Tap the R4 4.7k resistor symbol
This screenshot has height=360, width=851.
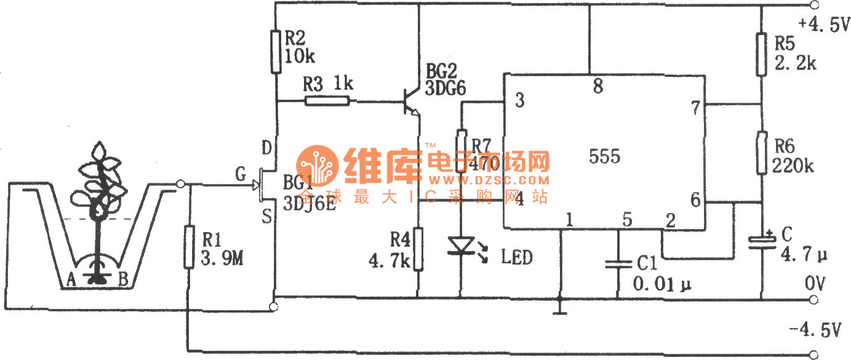pyautogui.click(x=418, y=249)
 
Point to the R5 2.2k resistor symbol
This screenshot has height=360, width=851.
pyautogui.click(x=762, y=55)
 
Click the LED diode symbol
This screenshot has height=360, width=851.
pyautogui.click(x=461, y=246)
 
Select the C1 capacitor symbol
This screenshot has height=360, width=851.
pyautogui.click(x=617, y=265)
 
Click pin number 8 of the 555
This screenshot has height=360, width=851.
pyautogui.click(x=597, y=87)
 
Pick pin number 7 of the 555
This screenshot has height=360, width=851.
pyautogui.click(x=695, y=109)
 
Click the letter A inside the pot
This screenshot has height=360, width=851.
pyautogui.click(x=71, y=280)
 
